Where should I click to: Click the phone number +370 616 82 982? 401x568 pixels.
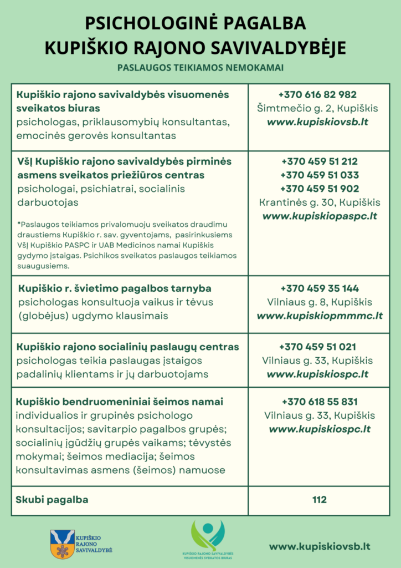click(317, 95)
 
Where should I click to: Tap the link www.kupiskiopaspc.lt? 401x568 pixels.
click(319, 216)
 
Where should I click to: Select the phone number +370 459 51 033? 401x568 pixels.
click(320, 175)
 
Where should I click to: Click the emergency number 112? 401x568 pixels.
click(319, 500)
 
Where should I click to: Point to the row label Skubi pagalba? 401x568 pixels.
click(53, 500)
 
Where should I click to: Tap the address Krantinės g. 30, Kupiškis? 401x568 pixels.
click(320, 202)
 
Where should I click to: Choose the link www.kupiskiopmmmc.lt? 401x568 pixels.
click(320, 316)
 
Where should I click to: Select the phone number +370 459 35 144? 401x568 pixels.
click(320, 288)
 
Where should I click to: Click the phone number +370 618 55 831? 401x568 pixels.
click(320, 402)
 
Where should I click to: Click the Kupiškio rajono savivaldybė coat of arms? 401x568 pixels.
click(62, 543)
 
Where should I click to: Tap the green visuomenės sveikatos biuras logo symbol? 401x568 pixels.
click(208, 535)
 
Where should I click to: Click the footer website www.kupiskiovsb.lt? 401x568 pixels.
click(320, 546)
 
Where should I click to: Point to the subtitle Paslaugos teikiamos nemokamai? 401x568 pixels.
click(200, 68)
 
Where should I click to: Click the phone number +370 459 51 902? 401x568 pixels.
click(320, 189)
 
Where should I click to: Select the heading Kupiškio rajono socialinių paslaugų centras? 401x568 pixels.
click(128, 347)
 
